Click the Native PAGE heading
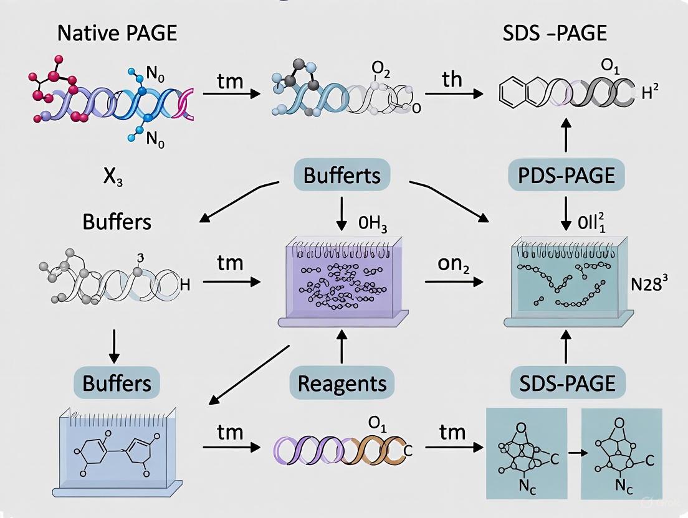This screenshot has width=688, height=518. point(117,33)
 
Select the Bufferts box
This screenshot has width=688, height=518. point(342,175)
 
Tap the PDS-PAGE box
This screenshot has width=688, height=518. point(566,176)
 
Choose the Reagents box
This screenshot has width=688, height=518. point(342,382)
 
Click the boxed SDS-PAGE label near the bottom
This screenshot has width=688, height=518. point(566,382)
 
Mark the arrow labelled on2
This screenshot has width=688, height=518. point(454,281)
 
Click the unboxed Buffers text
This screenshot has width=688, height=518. point(117,221)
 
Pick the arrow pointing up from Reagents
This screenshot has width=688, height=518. point(342,346)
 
